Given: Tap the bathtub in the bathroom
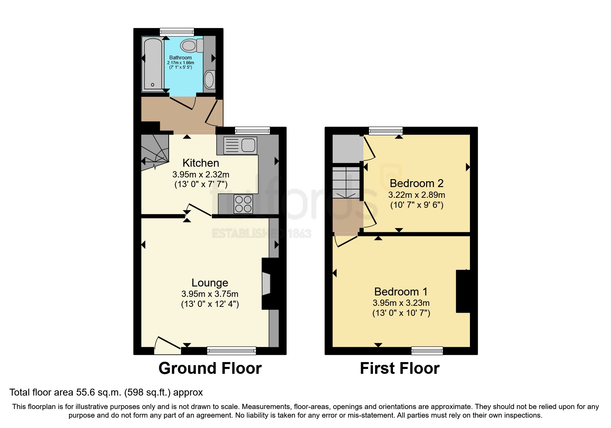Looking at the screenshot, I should [x=152, y=65].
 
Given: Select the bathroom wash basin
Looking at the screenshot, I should [x=209, y=80].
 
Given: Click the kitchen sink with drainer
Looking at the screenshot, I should [x=240, y=145].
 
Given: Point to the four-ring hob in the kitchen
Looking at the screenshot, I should [x=243, y=204].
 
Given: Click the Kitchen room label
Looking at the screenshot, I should [x=201, y=163].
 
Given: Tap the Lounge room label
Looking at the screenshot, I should [x=210, y=283].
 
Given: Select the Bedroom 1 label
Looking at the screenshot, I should [x=401, y=292].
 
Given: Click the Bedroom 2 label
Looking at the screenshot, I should [x=416, y=183].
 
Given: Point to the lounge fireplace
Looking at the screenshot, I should [x=266, y=284].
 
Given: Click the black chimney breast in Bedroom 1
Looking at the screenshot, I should [x=463, y=291].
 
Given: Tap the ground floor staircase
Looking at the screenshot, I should [x=155, y=152].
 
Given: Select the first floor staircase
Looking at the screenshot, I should [x=346, y=182].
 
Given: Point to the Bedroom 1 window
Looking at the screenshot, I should [x=427, y=351].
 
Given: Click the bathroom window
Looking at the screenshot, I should [x=177, y=32].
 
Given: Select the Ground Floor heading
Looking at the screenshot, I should [x=210, y=368].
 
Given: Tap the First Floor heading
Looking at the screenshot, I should [x=400, y=368].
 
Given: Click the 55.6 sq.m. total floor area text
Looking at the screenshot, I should [x=106, y=392].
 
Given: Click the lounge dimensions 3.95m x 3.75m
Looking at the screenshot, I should [x=210, y=294].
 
